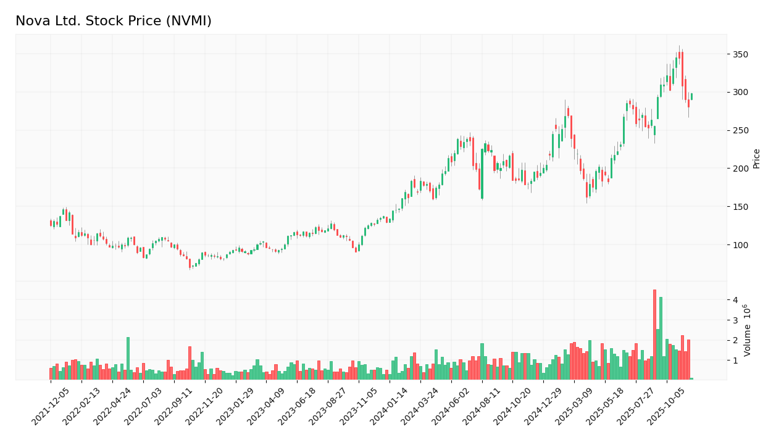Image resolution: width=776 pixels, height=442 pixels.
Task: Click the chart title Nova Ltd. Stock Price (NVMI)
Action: point(114,22)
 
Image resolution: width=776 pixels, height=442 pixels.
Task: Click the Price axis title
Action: point(757,158)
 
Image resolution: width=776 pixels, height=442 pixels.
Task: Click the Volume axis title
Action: point(748,330)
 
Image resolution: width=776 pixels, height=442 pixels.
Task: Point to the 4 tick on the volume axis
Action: point(735,300)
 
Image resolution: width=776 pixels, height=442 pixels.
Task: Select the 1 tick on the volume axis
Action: point(735,361)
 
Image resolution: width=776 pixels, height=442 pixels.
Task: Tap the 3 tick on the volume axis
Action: point(735,320)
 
